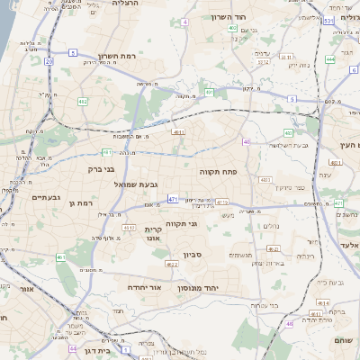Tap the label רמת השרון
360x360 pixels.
116,56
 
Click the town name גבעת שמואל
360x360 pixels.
130,184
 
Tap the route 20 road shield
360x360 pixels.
49,61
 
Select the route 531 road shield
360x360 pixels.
328,20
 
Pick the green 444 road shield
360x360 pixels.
330,60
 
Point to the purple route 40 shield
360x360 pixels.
247,141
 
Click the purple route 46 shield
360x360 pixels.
290,323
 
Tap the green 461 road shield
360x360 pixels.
61,258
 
